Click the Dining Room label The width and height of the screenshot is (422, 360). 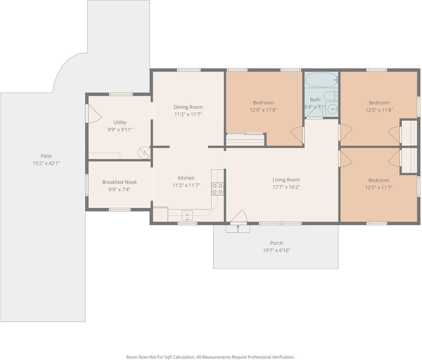(x=188, y=107)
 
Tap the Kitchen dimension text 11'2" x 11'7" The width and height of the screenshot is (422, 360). (x=186, y=185)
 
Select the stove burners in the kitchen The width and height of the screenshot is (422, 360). (x=218, y=189)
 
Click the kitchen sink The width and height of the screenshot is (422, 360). (x=187, y=215)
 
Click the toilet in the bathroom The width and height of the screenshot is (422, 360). (x=330, y=96)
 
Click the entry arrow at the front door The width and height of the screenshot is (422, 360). (x=238, y=229)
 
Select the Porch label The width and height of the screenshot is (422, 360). (x=277, y=243)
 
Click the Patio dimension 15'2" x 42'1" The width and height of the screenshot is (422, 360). (x=46, y=163)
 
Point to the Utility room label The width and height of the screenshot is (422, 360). (x=120, y=122)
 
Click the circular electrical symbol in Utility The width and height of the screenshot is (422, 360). (x=144, y=153)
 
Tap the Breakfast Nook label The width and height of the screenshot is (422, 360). (x=120, y=182)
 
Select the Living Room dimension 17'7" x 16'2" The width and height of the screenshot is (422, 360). (x=286, y=187)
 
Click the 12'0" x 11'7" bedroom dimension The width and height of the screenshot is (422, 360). (x=378, y=187)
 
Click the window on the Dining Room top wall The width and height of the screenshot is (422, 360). (x=189, y=70)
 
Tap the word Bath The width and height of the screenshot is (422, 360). (x=315, y=99)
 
